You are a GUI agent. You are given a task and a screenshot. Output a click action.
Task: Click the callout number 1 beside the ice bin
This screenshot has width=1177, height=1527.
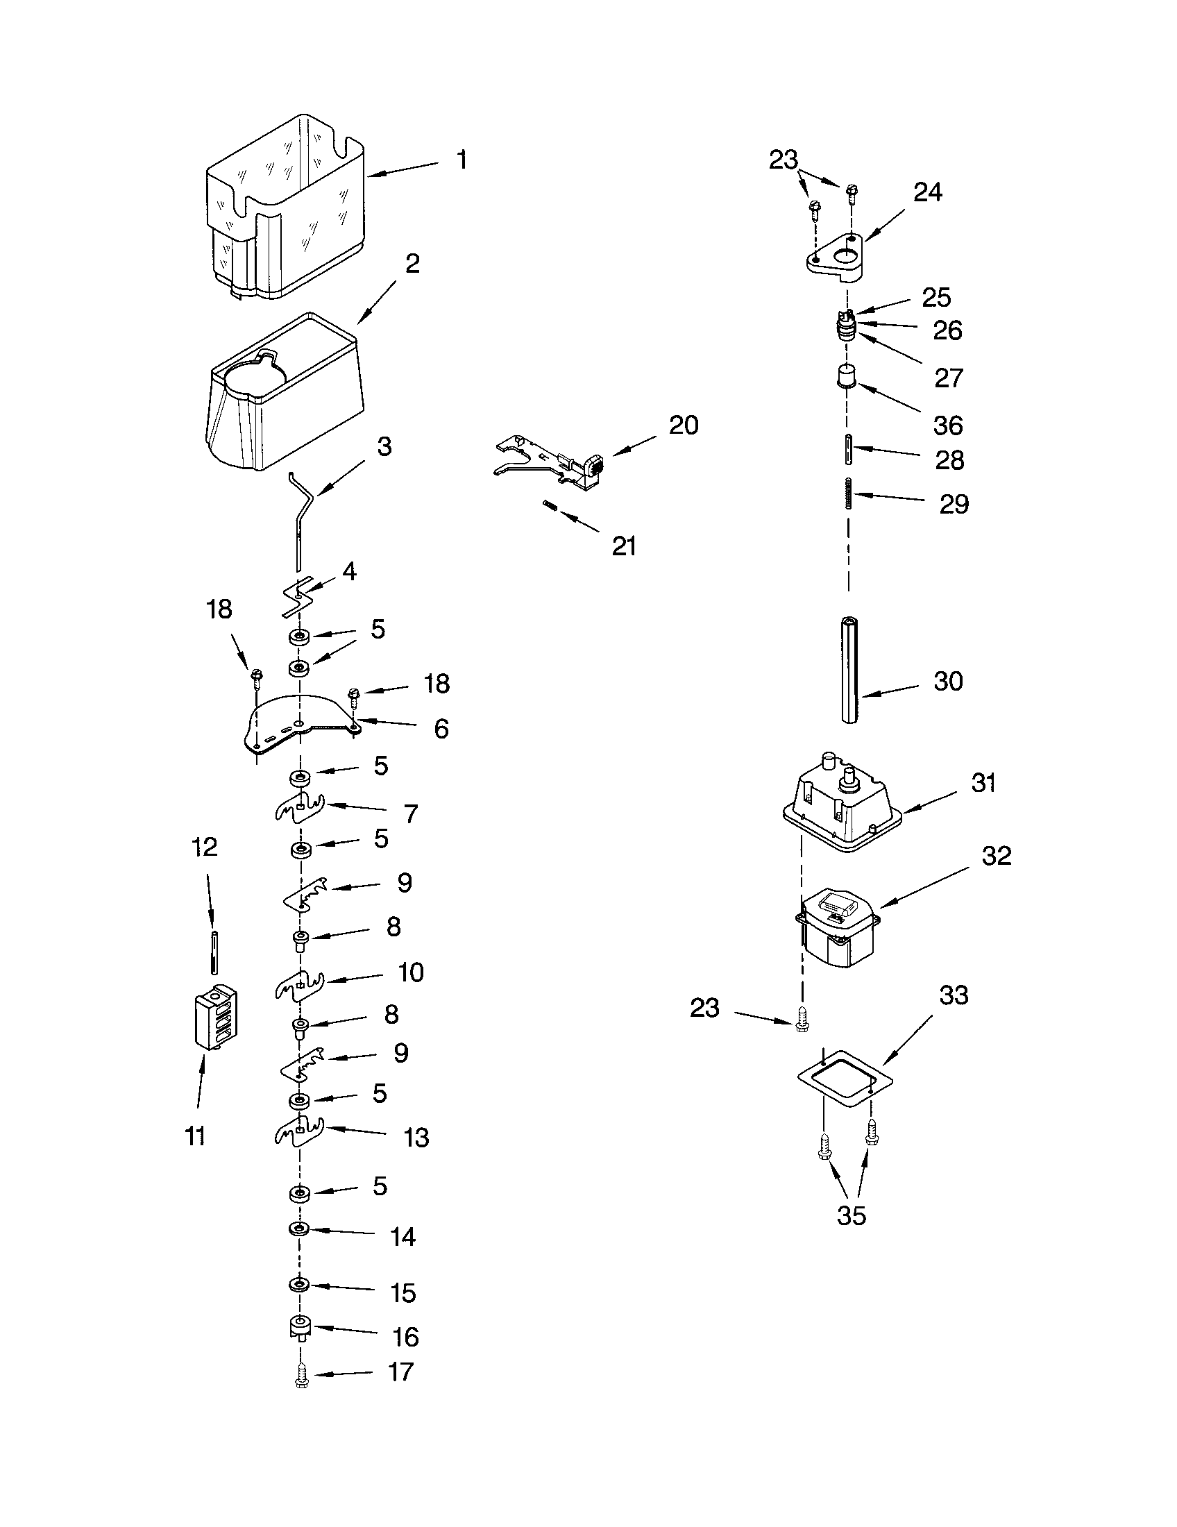(462, 160)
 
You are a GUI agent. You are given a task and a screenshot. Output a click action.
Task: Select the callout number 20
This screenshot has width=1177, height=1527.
(683, 425)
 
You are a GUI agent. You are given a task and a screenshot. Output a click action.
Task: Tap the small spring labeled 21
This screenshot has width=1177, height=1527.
(550, 505)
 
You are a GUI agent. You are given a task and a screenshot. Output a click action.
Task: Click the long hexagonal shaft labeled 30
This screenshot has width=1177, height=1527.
(849, 669)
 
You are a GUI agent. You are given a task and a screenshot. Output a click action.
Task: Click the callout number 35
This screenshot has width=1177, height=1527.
(851, 1216)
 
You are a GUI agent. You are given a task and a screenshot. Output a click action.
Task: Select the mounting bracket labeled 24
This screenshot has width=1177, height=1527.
(836, 257)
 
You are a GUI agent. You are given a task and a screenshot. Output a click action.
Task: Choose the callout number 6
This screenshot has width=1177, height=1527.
(441, 729)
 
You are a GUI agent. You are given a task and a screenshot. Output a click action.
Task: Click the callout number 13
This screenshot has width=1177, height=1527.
(416, 1138)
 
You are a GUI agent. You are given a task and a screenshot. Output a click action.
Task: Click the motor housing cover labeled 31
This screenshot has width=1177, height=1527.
(842, 804)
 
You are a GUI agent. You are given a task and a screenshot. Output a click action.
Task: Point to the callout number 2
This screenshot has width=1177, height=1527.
(412, 264)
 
